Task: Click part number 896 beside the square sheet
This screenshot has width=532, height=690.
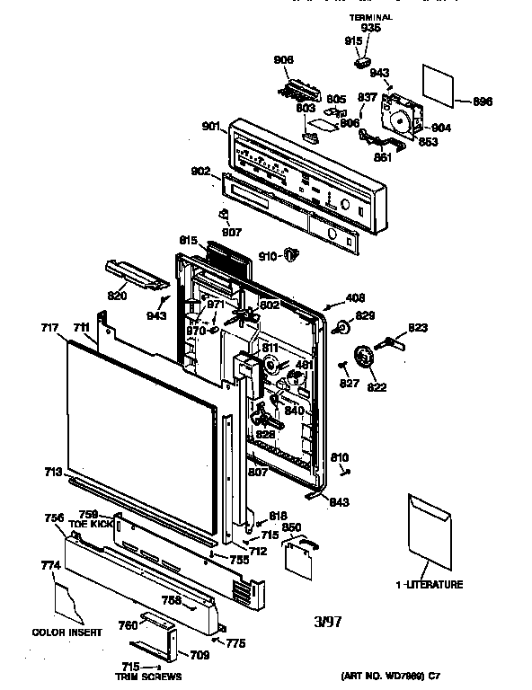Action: click(x=483, y=102)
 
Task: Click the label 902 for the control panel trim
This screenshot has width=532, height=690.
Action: click(x=200, y=171)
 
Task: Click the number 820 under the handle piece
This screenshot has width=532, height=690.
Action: click(x=118, y=296)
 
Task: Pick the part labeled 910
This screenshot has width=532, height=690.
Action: click(x=288, y=256)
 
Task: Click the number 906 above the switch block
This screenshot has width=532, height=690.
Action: click(x=283, y=60)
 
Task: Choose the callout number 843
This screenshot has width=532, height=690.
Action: click(x=339, y=501)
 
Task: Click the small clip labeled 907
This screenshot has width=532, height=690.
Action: click(x=225, y=215)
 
